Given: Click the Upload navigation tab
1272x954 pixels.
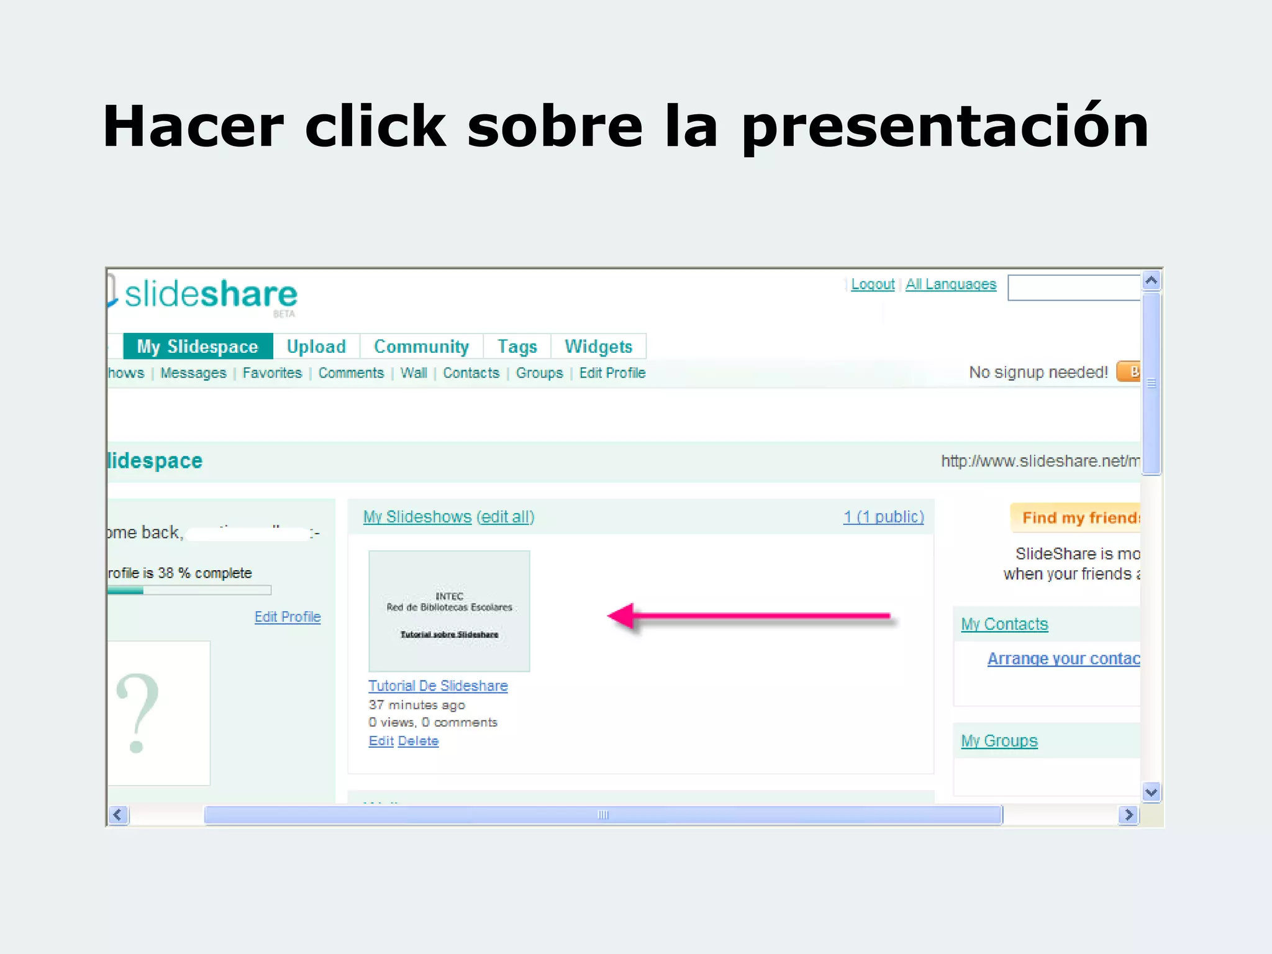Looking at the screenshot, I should (316, 347).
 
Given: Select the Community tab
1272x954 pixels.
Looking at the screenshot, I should (421, 347).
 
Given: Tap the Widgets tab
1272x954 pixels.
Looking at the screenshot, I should (598, 347).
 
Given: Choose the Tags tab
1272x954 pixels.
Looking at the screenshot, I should (517, 347).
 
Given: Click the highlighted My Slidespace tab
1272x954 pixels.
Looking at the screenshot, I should (198, 347).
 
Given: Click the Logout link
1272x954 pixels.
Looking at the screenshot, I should (872, 284).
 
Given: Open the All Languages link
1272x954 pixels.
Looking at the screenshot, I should (950, 284).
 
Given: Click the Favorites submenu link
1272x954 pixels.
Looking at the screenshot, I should (272, 373).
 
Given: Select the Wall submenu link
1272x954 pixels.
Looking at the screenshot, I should (414, 373).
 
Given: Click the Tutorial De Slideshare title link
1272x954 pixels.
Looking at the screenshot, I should (438, 686).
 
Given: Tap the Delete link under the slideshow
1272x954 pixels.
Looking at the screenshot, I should (418, 741).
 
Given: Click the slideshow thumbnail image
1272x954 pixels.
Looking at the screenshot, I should (449, 611).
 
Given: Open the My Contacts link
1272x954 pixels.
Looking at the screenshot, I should (1004, 624).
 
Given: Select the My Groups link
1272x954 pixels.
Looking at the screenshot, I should (999, 741).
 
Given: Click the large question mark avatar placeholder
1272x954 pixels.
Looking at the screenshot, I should (138, 713).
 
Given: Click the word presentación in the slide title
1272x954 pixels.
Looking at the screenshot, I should (944, 127).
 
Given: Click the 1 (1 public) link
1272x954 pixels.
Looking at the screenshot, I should (883, 517).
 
